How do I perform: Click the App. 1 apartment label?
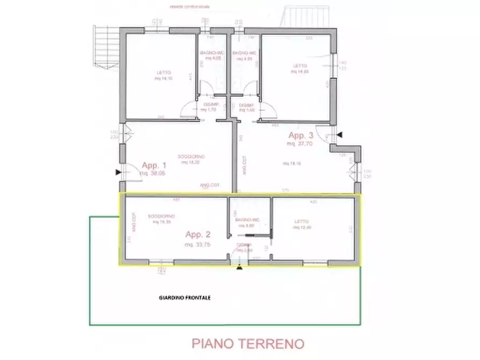154,166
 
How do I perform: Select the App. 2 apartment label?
198,234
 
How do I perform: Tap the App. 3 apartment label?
300,135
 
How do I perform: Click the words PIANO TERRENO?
248,343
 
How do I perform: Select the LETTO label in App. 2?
301,221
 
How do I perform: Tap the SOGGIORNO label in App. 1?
192,156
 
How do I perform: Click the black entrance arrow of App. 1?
118,172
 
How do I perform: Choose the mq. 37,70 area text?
299,144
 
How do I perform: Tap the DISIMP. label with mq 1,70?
208,106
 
